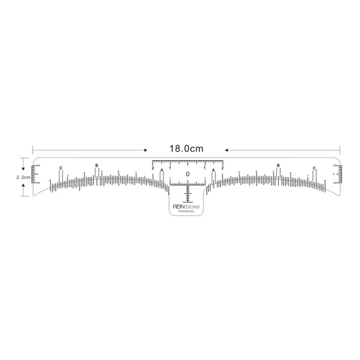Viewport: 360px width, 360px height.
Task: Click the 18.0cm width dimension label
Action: [187, 147]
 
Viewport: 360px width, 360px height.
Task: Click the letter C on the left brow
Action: [61, 167]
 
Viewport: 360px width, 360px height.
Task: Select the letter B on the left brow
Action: [97, 165]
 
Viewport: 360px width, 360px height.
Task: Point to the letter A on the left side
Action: [162, 170]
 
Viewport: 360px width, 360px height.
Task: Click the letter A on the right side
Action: [213, 170]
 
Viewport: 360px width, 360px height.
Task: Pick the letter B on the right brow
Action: [278, 165]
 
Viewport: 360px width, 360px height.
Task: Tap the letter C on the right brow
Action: [314, 167]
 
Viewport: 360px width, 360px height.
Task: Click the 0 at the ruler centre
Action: [188, 174]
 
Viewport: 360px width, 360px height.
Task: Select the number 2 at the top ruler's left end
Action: [153, 167]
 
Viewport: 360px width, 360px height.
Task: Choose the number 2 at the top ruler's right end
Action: [222, 167]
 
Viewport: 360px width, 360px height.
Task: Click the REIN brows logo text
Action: [187, 205]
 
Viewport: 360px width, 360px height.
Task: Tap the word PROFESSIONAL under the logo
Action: [187, 211]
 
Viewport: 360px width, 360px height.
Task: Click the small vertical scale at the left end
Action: [36, 174]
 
